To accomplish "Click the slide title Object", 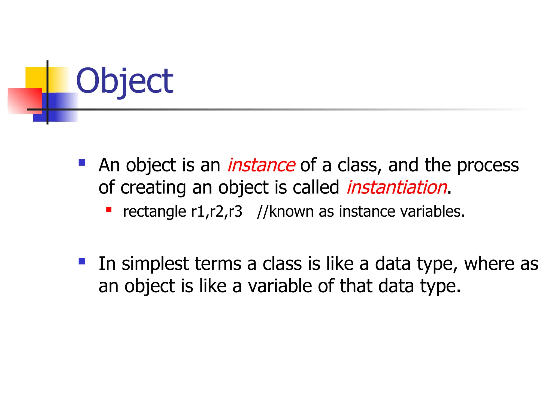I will click(x=125, y=81).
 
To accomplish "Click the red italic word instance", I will click(x=261, y=165).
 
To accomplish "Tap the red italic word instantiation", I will click(x=397, y=187).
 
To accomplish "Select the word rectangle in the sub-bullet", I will click(x=154, y=211).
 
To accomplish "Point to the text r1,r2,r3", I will click(x=217, y=211).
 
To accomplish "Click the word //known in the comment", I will click(x=285, y=211).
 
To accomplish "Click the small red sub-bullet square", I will click(x=109, y=209).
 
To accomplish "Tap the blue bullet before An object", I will click(x=82, y=162).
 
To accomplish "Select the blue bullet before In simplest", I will click(x=82, y=261).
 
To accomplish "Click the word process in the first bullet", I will click(x=488, y=165).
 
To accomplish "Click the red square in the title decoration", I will click(x=25, y=101).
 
